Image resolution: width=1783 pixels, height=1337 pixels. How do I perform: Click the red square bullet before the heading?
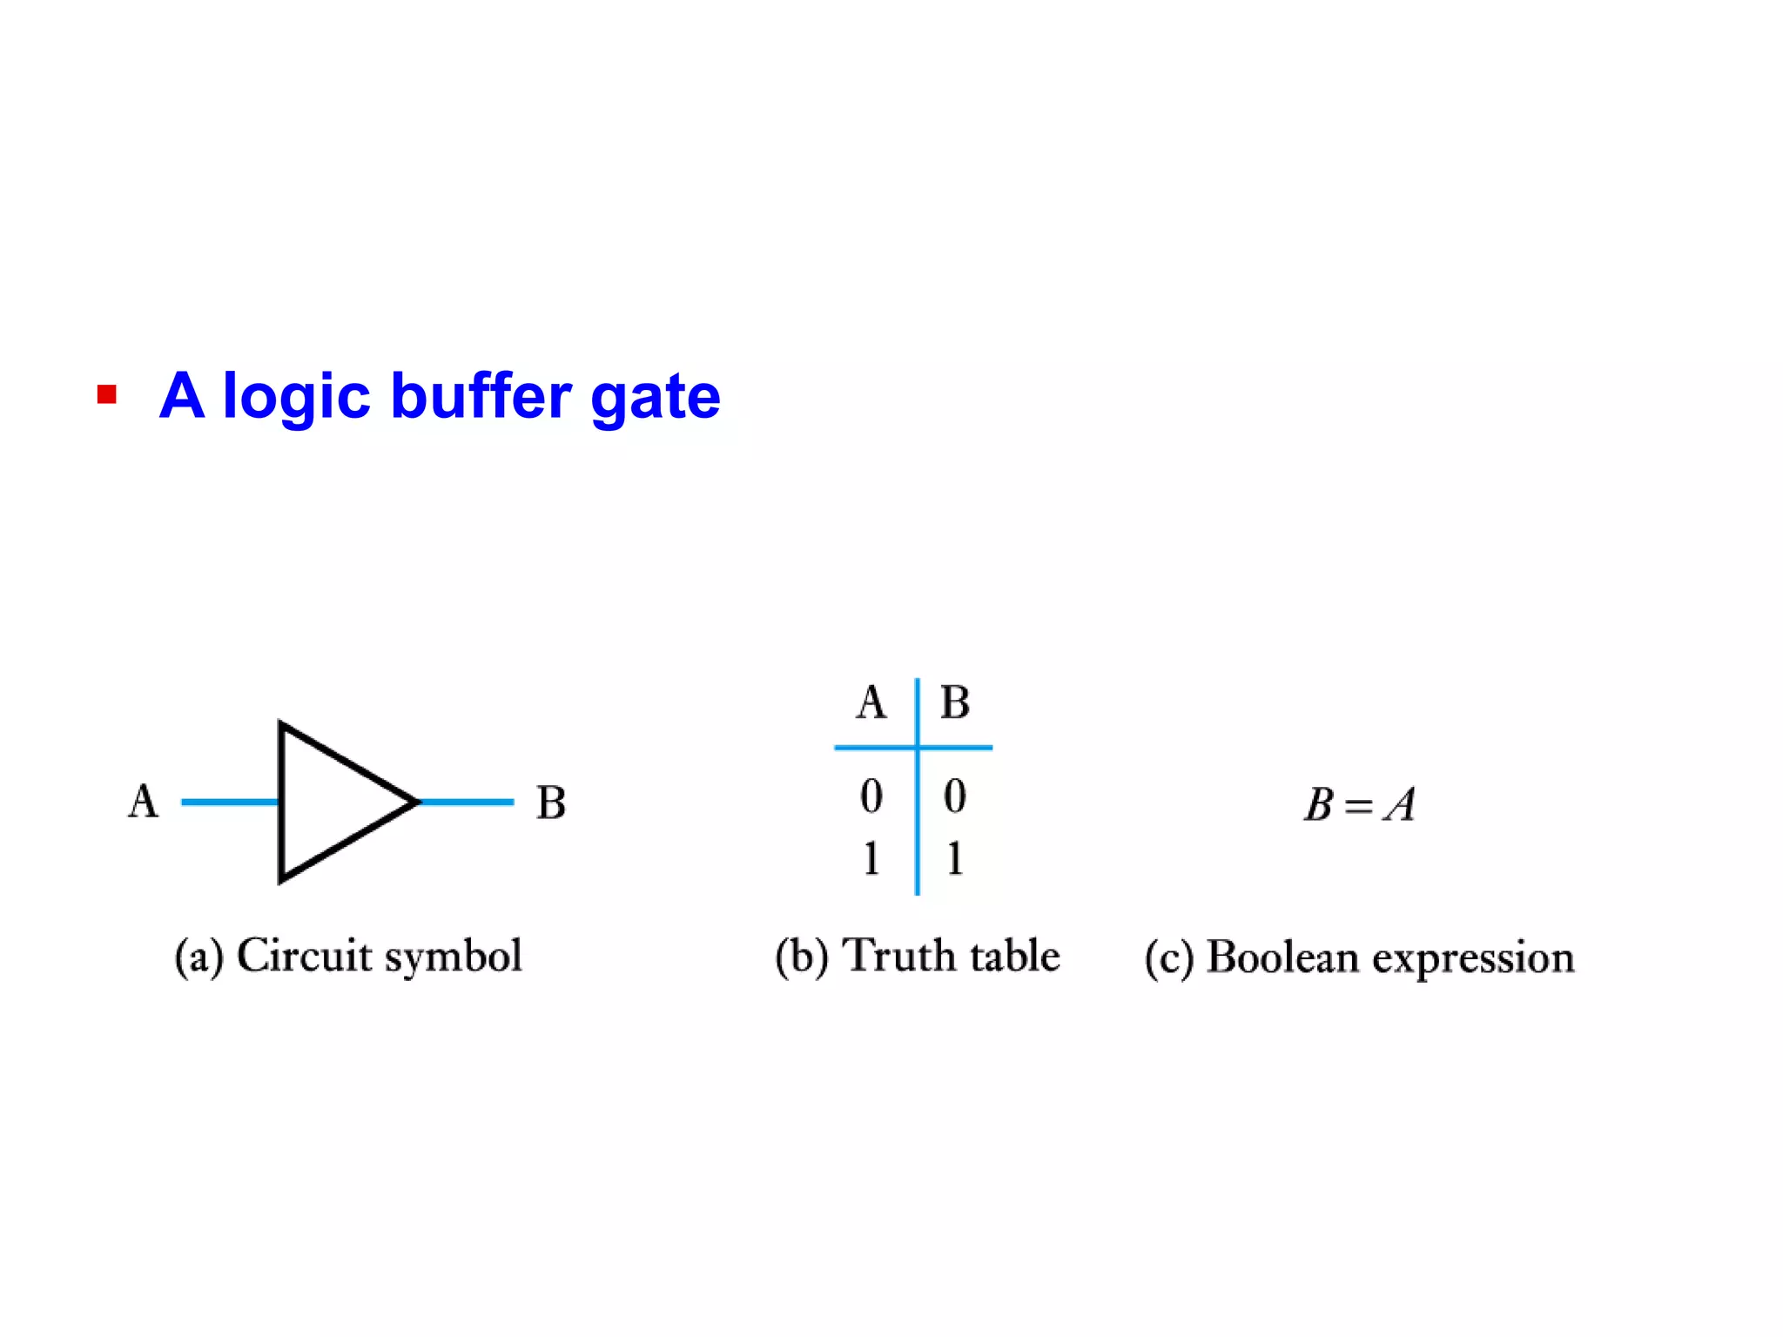click(x=107, y=395)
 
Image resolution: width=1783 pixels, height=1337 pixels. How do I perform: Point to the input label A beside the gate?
click(x=144, y=802)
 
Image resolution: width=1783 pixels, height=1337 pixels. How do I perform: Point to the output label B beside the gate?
click(x=551, y=803)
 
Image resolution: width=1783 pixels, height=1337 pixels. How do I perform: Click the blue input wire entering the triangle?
click(x=229, y=802)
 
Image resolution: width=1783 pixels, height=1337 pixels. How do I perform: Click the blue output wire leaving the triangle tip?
click(x=468, y=802)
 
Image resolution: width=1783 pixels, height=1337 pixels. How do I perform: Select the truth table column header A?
click(x=871, y=702)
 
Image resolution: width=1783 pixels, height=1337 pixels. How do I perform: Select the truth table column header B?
click(x=955, y=702)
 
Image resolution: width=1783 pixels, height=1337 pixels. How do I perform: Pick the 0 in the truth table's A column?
click(x=871, y=796)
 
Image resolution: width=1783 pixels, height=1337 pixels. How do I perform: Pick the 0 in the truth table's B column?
click(x=955, y=796)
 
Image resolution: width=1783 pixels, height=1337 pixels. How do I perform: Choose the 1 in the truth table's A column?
click(x=871, y=858)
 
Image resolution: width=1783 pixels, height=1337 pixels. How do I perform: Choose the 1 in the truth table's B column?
click(x=955, y=858)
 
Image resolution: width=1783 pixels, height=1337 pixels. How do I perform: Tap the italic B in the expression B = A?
click(x=1319, y=804)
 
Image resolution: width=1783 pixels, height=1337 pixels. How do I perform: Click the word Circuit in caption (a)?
click(x=305, y=956)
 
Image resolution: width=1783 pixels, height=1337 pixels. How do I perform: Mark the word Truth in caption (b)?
click(x=900, y=956)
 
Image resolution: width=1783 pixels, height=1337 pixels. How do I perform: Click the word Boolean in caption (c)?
click(x=1282, y=957)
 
